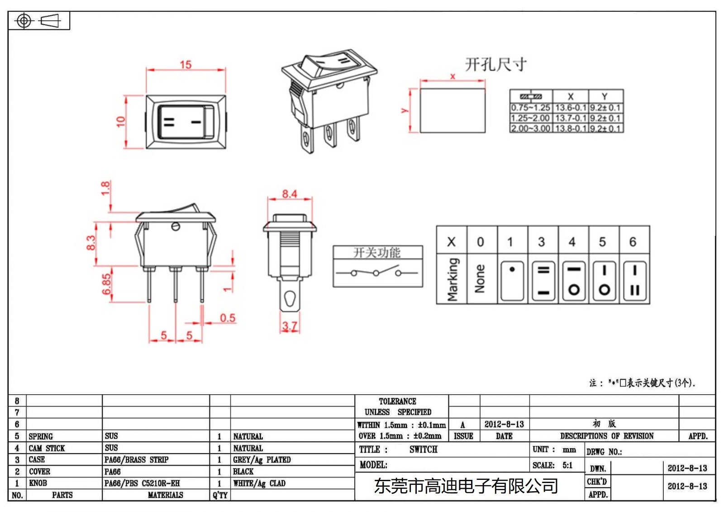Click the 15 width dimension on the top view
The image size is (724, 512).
tap(186, 65)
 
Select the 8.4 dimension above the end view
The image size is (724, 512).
tap(290, 194)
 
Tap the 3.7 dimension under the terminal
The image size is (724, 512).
tap(290, 326)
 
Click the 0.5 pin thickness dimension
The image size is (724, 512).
tap(228, 318)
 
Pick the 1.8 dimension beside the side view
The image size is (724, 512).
tap(105, 188)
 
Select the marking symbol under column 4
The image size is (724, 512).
tap(574, 281)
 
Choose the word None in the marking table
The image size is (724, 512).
tap(480, 279)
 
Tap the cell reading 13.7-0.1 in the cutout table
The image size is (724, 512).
tap(571, 118)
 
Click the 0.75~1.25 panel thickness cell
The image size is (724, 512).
tap(530, 108)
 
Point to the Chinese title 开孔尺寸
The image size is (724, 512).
tap(496, 64)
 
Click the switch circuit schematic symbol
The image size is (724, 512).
tap(376, 273)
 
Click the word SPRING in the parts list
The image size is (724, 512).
tap(41, 436)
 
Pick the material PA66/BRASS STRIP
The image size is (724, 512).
tap(136, 460)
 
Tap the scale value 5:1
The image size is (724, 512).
tap(567, 465)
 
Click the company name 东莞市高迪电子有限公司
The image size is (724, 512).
tap(466, 486)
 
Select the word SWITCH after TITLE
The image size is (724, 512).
tap(423, 450)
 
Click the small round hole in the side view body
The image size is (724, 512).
tap(176, 227)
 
